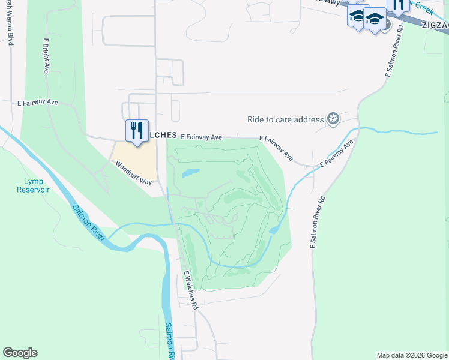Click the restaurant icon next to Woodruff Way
[137, 130]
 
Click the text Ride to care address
[285, 119]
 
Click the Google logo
[20, 353]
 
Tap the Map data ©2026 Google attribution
[412, 355]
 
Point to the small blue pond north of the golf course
[190, 173]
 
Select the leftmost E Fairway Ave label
[37, 103]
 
